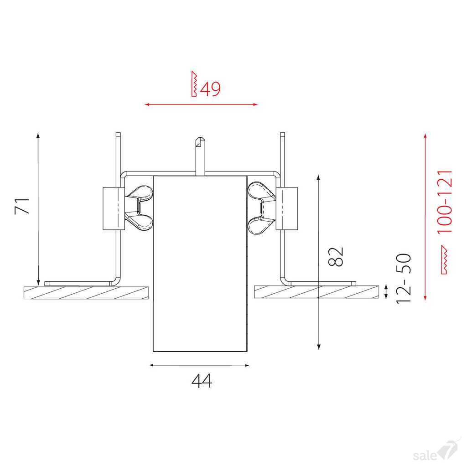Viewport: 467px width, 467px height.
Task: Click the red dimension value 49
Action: [210, 88]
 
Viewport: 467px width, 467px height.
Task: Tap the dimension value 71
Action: [22, 206]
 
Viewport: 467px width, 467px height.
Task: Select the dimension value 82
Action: [336, 256]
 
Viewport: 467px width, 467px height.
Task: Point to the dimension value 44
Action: [202, 381]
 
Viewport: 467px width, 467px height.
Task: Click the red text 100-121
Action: [445, 202]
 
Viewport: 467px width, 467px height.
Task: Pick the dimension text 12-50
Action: [404, 279]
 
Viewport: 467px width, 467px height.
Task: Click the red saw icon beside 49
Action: [194, 84]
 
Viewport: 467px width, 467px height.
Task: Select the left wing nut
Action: [139, 208]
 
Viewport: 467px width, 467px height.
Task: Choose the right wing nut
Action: [262, 208]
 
